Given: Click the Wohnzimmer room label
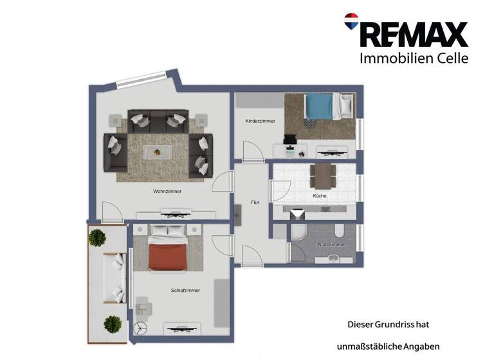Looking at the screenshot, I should point(167,192).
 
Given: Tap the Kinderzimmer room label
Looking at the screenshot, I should point(261,121).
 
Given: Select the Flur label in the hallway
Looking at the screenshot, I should point(255,203).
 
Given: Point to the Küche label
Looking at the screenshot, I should point(319,195).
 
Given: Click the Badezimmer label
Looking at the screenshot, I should point(331,245).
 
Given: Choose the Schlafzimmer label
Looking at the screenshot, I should point(186,290).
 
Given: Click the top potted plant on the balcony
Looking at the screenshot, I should point(96,237).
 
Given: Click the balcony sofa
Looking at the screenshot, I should point(116,278).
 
